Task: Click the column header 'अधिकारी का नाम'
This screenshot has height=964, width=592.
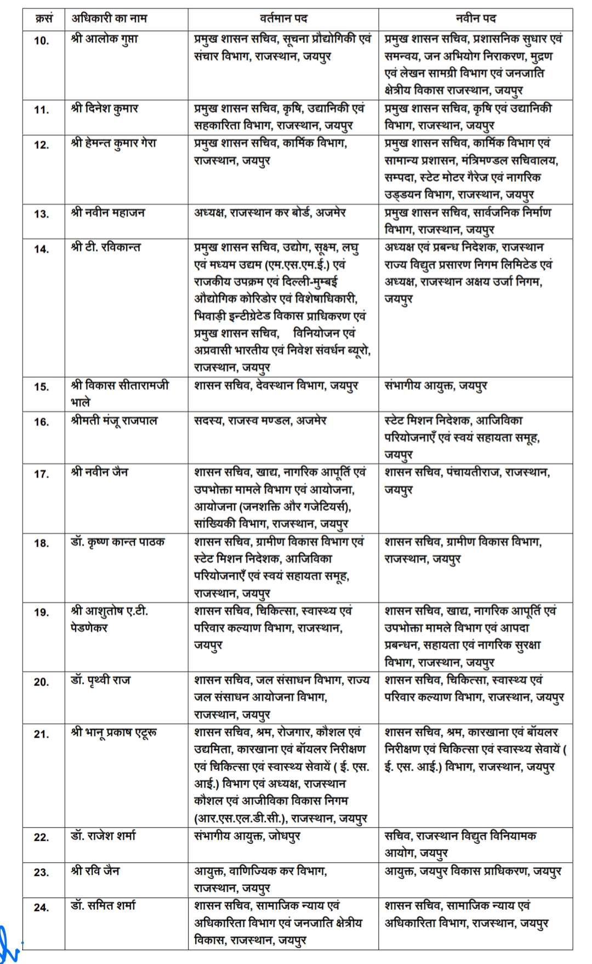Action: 109,19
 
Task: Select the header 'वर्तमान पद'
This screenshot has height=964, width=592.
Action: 283,19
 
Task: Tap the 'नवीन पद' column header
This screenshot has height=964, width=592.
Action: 475,19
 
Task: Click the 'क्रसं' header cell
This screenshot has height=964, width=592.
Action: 44,19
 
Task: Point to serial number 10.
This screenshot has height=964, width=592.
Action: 42,41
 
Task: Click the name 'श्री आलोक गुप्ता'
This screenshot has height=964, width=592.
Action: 105,39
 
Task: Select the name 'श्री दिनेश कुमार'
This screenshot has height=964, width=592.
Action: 105,109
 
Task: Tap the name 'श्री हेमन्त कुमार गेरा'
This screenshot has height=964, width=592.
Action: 114,143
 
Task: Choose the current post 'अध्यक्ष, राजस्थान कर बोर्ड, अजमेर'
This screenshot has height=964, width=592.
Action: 270,213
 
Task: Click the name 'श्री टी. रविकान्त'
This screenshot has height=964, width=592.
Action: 106,247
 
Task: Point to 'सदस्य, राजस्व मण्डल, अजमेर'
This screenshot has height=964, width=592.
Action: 260,421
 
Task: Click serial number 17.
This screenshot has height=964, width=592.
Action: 42,474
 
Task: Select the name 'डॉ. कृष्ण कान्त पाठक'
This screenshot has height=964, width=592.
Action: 117,542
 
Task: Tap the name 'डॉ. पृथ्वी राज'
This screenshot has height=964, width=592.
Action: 100,681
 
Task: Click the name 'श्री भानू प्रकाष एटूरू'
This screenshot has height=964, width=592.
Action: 114,733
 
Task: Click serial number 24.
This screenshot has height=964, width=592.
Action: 42,908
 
